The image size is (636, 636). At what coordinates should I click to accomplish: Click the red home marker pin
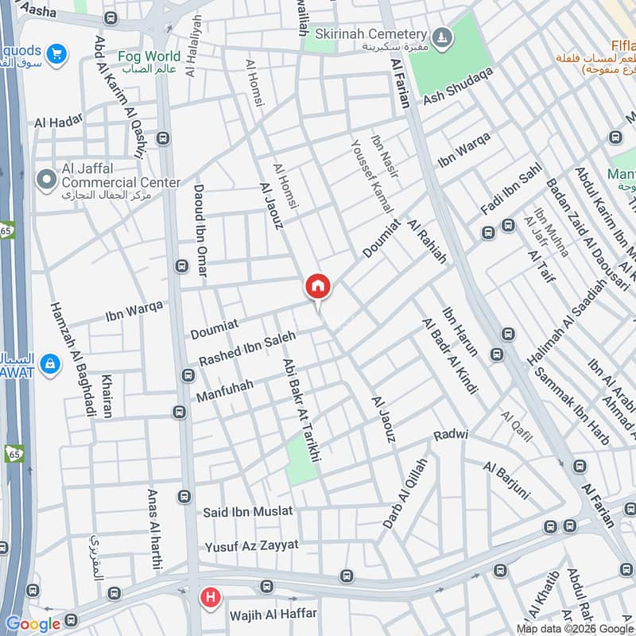click(x=318, y=287)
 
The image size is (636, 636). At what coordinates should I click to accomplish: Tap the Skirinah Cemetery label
click(x=370, y=34)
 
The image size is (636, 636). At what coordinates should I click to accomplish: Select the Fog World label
click(x=149, y=56)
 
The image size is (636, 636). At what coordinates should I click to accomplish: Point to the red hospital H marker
click(x=210, y=596)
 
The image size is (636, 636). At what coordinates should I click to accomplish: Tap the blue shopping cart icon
click(x=55, y=53)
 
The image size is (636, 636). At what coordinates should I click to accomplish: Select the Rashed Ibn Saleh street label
click(x=246, y=348)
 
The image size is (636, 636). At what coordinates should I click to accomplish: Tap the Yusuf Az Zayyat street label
click(x=251, y=546)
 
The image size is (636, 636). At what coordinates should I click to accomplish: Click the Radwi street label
click(x=451, y=436)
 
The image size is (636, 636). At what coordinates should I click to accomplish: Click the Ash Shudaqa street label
click(x=458, y=85)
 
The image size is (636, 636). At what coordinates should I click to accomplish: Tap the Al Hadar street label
click(x=58, y=122)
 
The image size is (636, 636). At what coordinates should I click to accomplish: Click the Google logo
click(x=33, y=624)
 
